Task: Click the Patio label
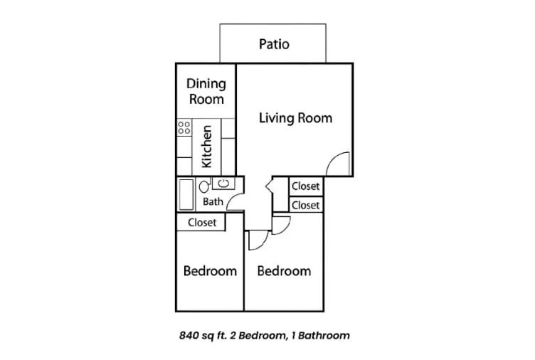coord(274,44)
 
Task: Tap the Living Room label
coord(295,117)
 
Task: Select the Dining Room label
coord(206,91)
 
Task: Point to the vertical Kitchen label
coord(207,147)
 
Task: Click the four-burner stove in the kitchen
coord(184,127)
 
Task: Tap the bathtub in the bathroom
coord(186,194)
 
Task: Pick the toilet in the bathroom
coord(204,186)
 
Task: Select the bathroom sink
coord(223,184)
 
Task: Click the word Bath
coord(213,201)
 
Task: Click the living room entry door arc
coord(333,158)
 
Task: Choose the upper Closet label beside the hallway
coord(306,186)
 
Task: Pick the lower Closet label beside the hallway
coord(306,206)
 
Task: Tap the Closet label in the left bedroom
coord(202,223)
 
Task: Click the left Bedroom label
coord(210,271)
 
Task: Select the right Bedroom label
coord(284,271)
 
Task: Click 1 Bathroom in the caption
coord(320,336)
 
